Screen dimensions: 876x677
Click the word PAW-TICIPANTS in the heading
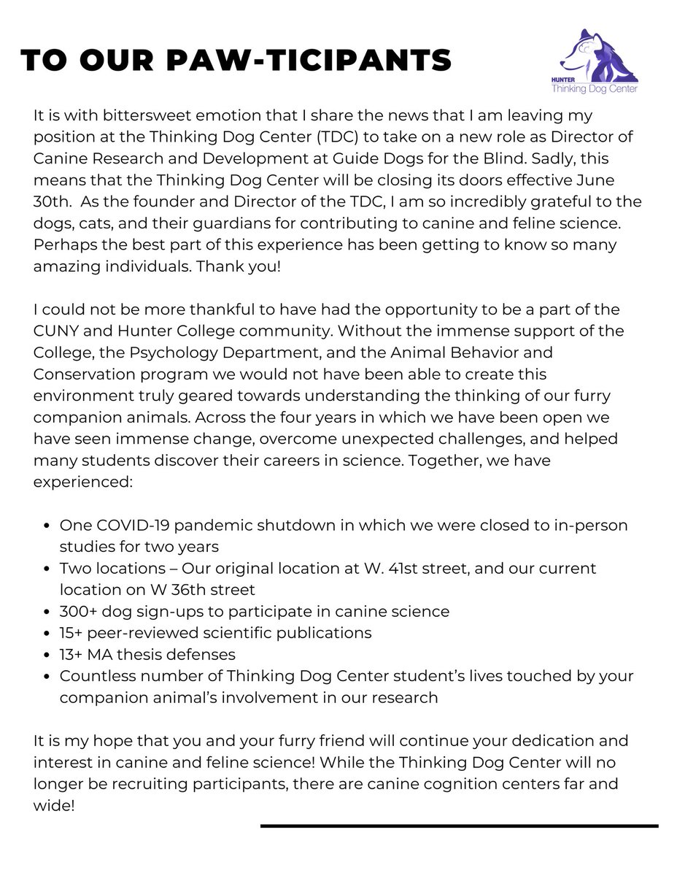[314, 61]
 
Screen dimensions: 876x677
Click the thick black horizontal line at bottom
[459, 826]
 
